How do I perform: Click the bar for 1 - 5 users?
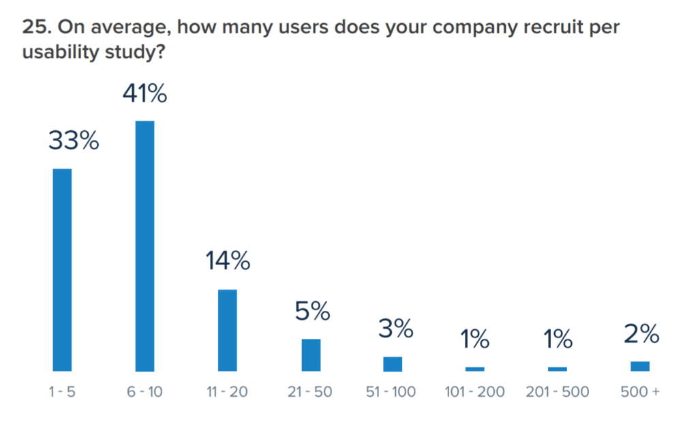point(62,270)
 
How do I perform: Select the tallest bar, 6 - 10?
point(145,246)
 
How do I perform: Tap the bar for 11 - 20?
point(228,331)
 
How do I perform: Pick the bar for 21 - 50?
point(311,355)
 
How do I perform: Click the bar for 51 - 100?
point(393,364)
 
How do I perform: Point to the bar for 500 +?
point(639,366)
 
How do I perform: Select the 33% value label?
point(74,142)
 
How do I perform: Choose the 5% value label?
point(312,312)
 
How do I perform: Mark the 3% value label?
point(395,329)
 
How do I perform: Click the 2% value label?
point(641,334)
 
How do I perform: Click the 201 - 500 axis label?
point(558,392)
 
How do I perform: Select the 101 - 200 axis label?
point(475,392)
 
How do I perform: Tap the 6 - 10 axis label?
point(145,392)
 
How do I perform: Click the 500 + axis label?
point(640,392)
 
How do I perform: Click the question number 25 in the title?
point(34,28)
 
